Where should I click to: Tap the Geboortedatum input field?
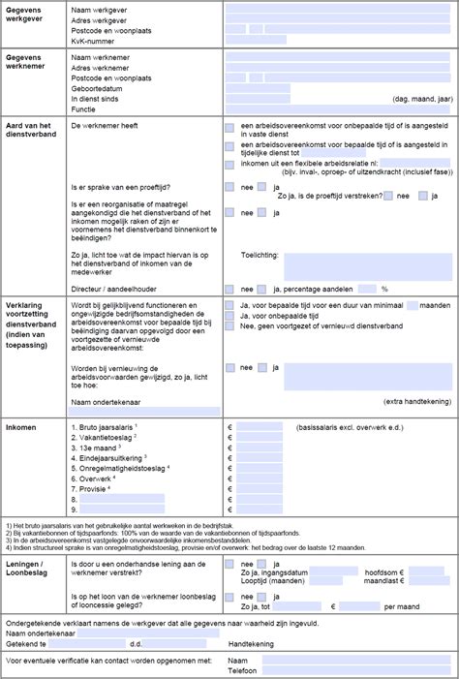(x=257, y=88)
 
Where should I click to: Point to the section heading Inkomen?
(x=23, y=427)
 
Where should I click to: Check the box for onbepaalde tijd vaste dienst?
(x=229, y=127)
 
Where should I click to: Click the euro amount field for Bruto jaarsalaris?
(x=260, y=427)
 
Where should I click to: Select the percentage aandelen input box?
(x=367, y=289)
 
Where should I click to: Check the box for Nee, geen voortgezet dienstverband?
(x=229, y=326)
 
